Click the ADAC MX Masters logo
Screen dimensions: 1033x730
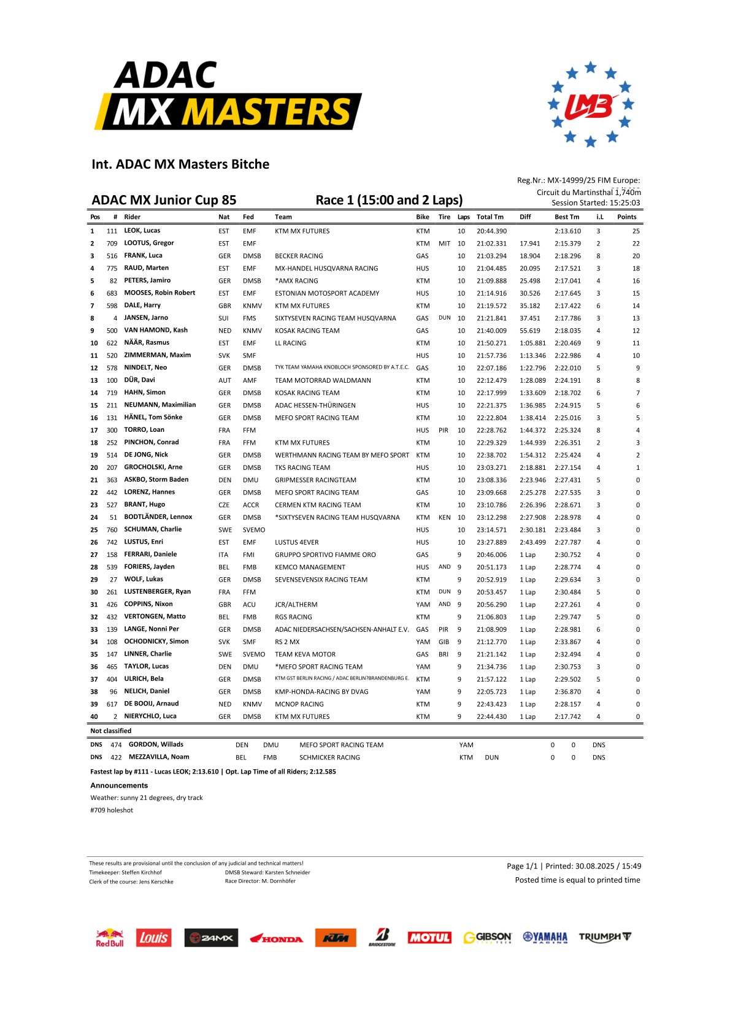[228, 96]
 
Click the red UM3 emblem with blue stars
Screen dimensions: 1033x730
[590, 104]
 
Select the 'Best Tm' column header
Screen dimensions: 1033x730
[566, 217]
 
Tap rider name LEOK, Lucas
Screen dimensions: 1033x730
[142, 231]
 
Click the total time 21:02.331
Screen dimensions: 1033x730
[491, 244]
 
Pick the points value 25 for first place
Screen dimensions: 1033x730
[636, 231]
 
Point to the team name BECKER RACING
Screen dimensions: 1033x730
[299, 256]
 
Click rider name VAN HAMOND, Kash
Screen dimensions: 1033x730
[156, 330]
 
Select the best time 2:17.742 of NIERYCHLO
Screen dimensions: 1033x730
[567, 716]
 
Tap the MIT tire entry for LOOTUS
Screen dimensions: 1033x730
[444, 244]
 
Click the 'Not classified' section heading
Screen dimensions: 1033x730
[110, 731]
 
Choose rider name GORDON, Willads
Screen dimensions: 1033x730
[156, 745]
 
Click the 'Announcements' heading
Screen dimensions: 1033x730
[119, 785]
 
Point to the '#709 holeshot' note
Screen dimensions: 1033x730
[112, 810]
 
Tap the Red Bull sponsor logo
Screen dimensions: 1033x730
[110, 937]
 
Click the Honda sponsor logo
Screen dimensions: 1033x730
[276, 939]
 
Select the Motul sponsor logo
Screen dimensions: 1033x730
[429, 937]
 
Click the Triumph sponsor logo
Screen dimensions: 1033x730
[605, 937]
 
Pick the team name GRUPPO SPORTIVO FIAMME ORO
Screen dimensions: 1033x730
[325, 555]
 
